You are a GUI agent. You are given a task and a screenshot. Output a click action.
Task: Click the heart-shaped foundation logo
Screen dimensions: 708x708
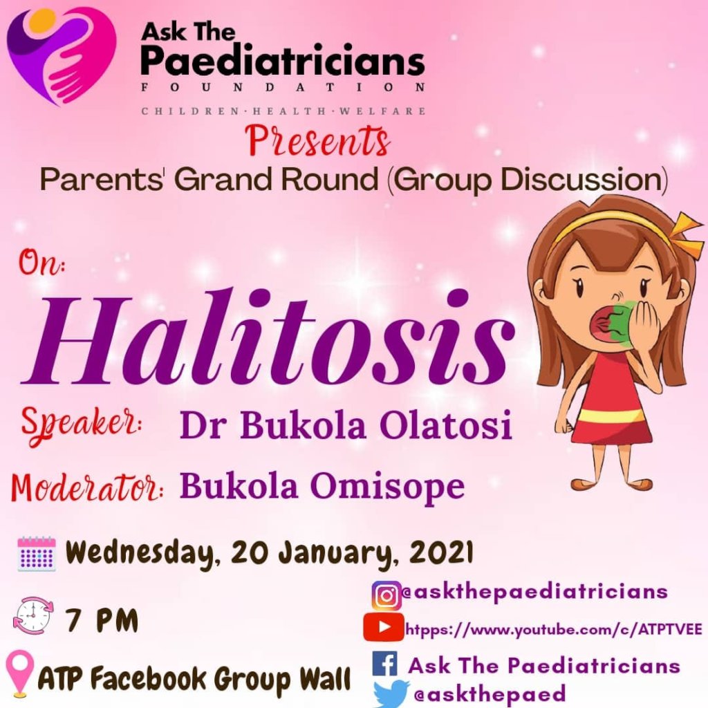coord(62,57)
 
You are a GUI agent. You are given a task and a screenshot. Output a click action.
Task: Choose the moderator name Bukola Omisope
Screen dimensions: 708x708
coord(322,486)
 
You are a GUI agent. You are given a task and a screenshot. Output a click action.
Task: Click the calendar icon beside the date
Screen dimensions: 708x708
coord(37,554)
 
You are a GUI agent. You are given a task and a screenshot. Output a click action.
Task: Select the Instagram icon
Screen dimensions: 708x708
coord(386,596)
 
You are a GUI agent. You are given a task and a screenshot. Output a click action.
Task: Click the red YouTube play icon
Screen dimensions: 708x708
coord(383,626)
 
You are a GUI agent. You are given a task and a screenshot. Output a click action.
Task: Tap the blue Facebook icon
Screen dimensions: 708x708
coord(385,664)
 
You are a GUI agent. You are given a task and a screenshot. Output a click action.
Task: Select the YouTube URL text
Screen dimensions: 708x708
coord(554,629)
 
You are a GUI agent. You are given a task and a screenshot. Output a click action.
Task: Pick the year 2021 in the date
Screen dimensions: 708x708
coord(441,552)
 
